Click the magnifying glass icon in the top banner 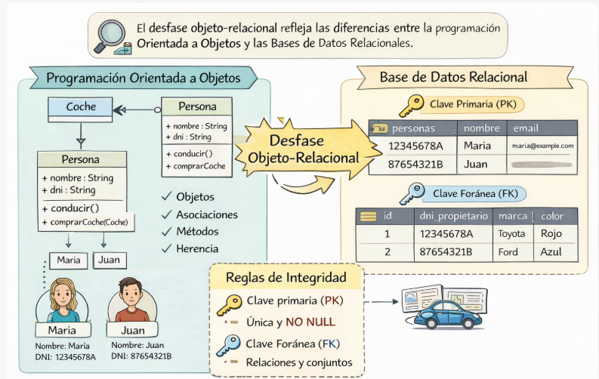[110, 34]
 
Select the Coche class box [81, 107]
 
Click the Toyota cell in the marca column [511, 233]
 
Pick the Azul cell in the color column [551, 251]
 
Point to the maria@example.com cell [542, 146]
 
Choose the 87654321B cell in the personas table [415, 164]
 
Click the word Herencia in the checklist [197, 248]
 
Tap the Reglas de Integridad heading [286, 277]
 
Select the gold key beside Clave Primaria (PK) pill [412, 103]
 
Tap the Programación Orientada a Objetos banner [143, 78]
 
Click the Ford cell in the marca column [508, 251]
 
